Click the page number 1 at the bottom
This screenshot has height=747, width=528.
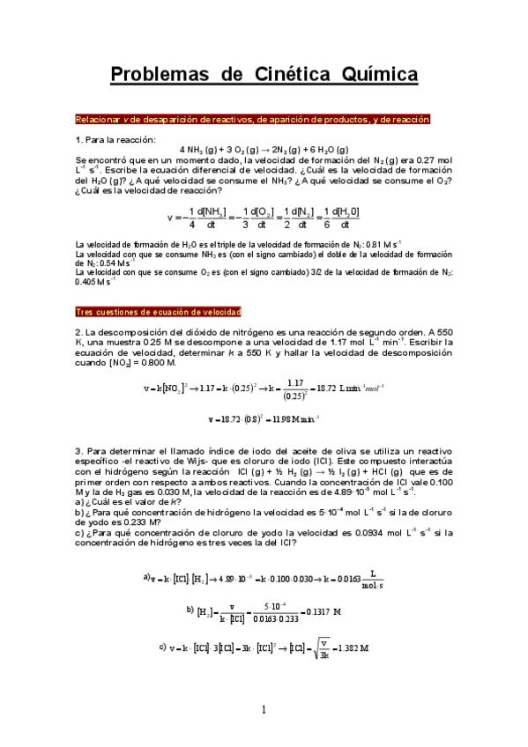click(264, 709)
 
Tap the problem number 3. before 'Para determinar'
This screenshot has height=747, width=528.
click(78, 451)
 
